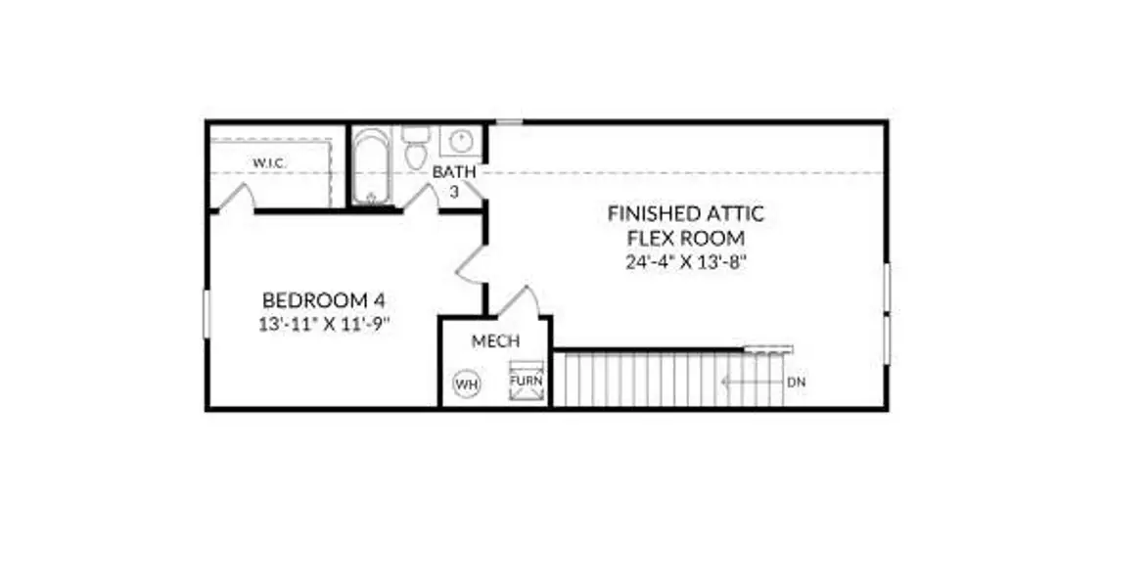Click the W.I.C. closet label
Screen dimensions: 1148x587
tap(269, 163)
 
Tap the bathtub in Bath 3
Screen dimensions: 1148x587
tap(371, 167)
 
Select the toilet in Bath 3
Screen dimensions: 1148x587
tap(416, 149)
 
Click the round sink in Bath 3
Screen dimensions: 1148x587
tap(461, 141)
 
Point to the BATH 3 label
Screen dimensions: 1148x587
tap(454, 182)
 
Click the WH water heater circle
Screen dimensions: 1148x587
tap(467, 384)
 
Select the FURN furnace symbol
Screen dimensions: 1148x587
tap(527, 381)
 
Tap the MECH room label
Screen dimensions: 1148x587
tap(495, 341)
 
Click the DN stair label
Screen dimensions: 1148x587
tap(797, 383)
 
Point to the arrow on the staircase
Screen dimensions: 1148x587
tap(752, 383)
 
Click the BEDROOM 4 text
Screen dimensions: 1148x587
tap(324, 300)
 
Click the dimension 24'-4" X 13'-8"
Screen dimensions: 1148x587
tap(685, 262)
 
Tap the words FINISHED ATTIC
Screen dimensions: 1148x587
tap(686, 213)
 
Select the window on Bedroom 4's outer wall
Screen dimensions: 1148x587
tap(207, 314)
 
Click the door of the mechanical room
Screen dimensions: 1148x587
tap(521, 301)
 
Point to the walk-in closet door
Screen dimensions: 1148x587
tap(237, 197)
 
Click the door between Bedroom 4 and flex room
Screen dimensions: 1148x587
tap(470, 265)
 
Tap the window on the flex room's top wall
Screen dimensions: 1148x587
tap(510, 121)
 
